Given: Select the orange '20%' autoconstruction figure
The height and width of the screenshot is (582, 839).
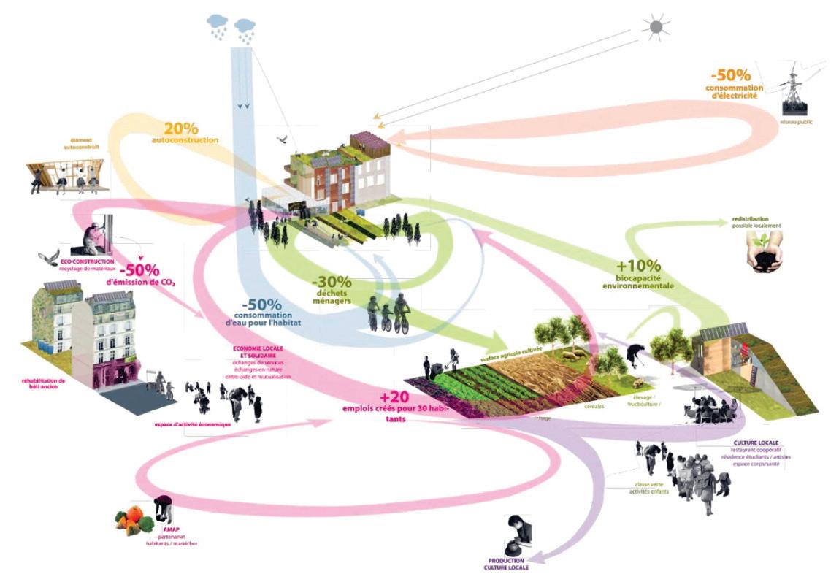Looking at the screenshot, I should click(180, 127).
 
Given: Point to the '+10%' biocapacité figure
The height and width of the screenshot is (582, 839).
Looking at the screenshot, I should click(640, 267).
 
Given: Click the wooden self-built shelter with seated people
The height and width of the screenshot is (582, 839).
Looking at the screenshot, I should click(66, 175).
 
